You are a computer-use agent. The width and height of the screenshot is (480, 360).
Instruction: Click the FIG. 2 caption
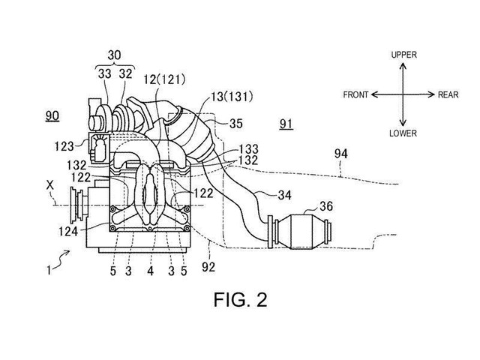tap(240, 299)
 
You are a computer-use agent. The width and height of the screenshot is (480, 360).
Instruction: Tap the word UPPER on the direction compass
tap(403, 55)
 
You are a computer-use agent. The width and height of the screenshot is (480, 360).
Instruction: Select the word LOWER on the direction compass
tap(403, 133)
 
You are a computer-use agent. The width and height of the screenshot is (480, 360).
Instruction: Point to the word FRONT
tap(355, 94)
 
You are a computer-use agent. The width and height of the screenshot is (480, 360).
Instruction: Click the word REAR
tap(448, 94)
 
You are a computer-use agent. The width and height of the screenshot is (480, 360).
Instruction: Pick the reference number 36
tap(325, 206)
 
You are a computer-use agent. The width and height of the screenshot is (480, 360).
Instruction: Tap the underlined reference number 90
tap(52, 116)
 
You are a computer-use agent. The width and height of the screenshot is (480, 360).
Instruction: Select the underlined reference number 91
tap(286, 124)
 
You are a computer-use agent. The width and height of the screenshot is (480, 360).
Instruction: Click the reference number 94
tap(340, 153)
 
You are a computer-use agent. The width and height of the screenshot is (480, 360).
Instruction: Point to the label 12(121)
tap(164, 80)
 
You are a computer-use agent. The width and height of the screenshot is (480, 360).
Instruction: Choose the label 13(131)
tap(232, 97)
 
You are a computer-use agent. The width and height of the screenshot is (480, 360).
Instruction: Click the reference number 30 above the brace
tap(114, 55)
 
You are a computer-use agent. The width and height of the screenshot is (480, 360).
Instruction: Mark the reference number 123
tap(64, 146)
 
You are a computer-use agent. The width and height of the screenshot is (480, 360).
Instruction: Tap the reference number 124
tap(68, 231)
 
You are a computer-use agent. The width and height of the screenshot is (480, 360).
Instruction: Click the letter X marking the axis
tap(50, 185)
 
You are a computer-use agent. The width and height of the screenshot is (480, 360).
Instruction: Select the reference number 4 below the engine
tap(150, 271)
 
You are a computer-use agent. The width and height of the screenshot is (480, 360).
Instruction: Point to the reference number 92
tap(208, 267)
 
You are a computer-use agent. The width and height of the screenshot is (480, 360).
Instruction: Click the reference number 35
tap(235, 124)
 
